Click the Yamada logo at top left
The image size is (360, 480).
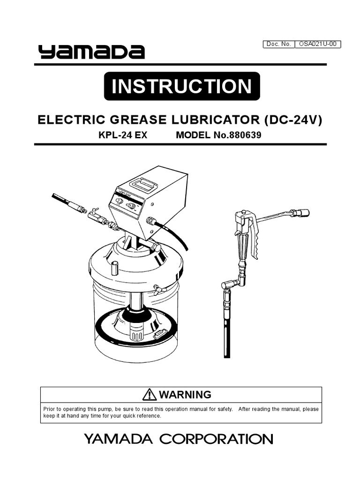coord(91,52)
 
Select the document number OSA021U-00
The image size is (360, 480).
coord(317,45)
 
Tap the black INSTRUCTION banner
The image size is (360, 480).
coord(181,86)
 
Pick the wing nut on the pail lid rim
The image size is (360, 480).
coord(158,290)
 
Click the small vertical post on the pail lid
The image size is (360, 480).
coord(114,269)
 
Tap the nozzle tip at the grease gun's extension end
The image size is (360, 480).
coord(300,213)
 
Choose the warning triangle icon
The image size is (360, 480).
coord(150,394)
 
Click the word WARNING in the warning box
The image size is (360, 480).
coord(185,394)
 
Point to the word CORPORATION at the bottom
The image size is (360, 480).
coord(216,439)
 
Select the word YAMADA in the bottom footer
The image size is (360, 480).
coord(119,439)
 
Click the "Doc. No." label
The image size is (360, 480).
coord(279,45)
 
